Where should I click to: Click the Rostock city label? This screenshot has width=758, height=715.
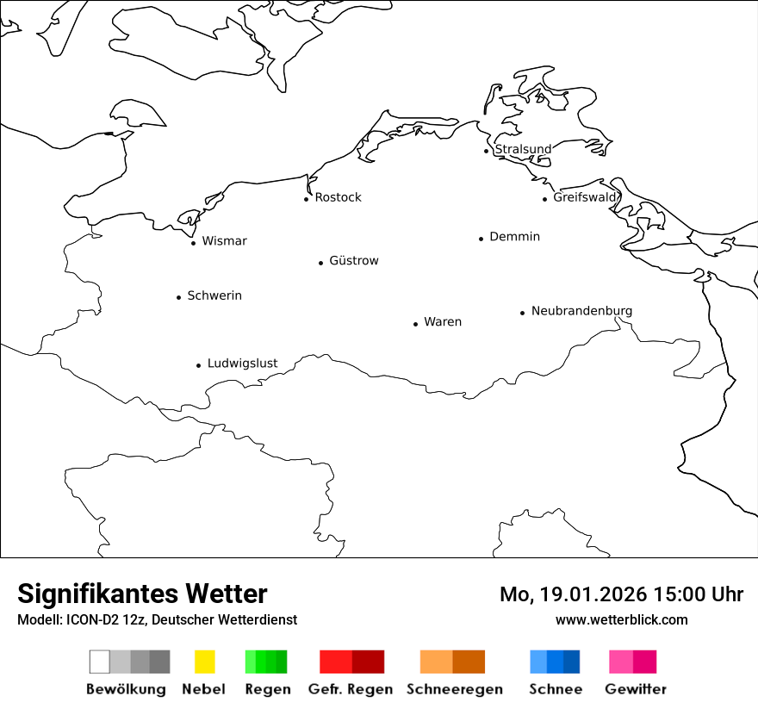(338, 197)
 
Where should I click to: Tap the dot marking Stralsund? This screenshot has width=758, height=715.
(487, 151)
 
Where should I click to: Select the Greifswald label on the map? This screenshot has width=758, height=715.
(585, 197)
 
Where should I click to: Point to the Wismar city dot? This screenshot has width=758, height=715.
(194, 243)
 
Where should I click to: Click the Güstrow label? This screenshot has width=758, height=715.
(353, 260)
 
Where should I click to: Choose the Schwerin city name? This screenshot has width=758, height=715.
(214, 295)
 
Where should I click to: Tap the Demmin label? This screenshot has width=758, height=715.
(514, 236)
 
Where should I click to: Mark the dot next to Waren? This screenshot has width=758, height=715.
(416, 324)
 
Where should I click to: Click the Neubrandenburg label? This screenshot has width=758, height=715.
(581, 310)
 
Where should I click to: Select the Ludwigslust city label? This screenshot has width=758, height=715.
(242, 363)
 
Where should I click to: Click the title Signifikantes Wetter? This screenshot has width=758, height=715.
(142, 594)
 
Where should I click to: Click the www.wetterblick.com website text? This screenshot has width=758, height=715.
(622, 619)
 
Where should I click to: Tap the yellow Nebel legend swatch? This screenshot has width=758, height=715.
(204, 662)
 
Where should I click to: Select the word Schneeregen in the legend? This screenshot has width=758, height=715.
(455, 689)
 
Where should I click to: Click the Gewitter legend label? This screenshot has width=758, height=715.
(636, 689)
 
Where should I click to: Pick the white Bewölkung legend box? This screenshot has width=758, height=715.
(100, 662)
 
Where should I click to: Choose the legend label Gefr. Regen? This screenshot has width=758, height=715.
(351, 689)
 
